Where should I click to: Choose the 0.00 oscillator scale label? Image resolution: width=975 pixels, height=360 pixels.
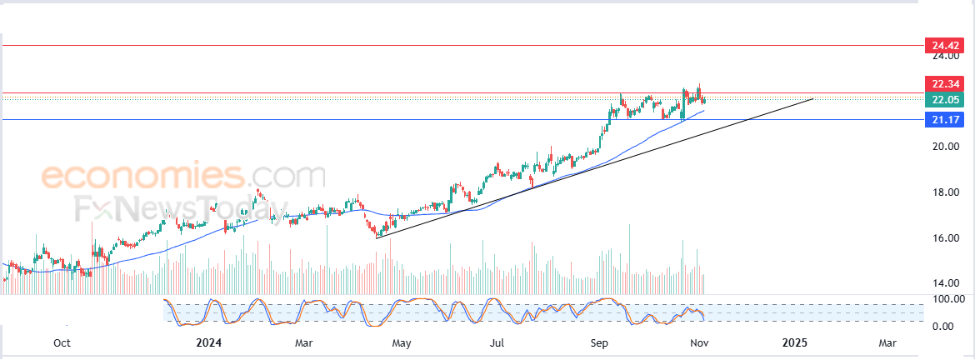[942, 325]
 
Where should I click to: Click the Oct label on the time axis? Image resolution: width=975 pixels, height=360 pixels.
[62, 342]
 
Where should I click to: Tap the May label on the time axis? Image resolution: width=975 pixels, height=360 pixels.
[402, 342]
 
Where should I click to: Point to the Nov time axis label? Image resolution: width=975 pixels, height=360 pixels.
[697, 342]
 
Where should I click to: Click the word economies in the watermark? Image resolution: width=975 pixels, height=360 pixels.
[141, 177]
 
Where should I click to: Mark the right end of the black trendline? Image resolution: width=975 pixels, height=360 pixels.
[812, 99]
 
